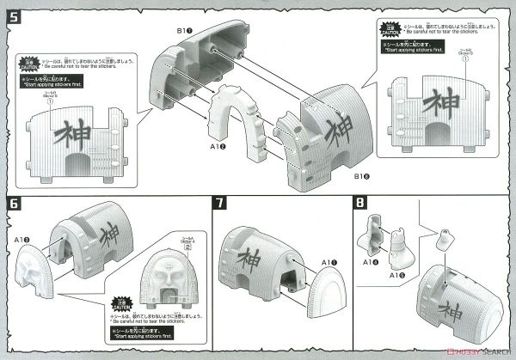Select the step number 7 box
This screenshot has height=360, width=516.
(x=222, y=204)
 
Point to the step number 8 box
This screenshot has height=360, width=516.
(x=359, y=204)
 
